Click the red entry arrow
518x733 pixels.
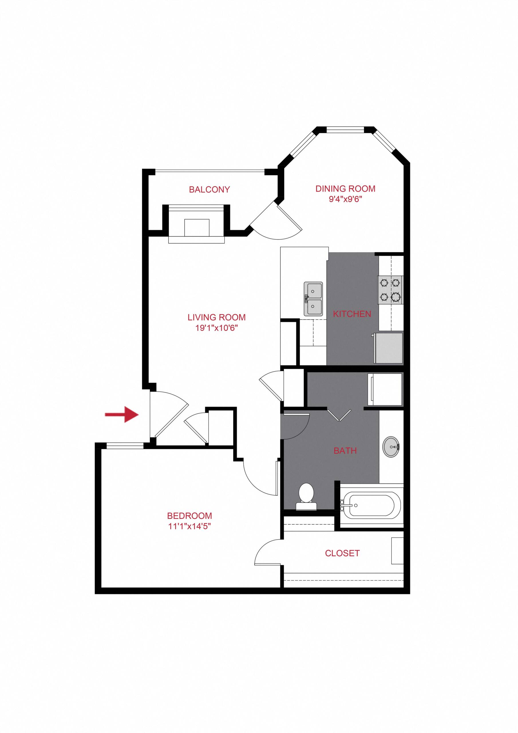122,414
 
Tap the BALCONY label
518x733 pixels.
209,190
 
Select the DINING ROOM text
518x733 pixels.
345,189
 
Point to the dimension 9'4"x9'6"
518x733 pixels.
346,200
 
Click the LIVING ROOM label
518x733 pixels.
217,317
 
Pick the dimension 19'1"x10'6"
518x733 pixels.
217,328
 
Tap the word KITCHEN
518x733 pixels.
352,314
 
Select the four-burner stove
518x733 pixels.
390,290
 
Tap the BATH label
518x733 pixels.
345,451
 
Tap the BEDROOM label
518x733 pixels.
189,516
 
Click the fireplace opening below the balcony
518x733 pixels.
197,228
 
